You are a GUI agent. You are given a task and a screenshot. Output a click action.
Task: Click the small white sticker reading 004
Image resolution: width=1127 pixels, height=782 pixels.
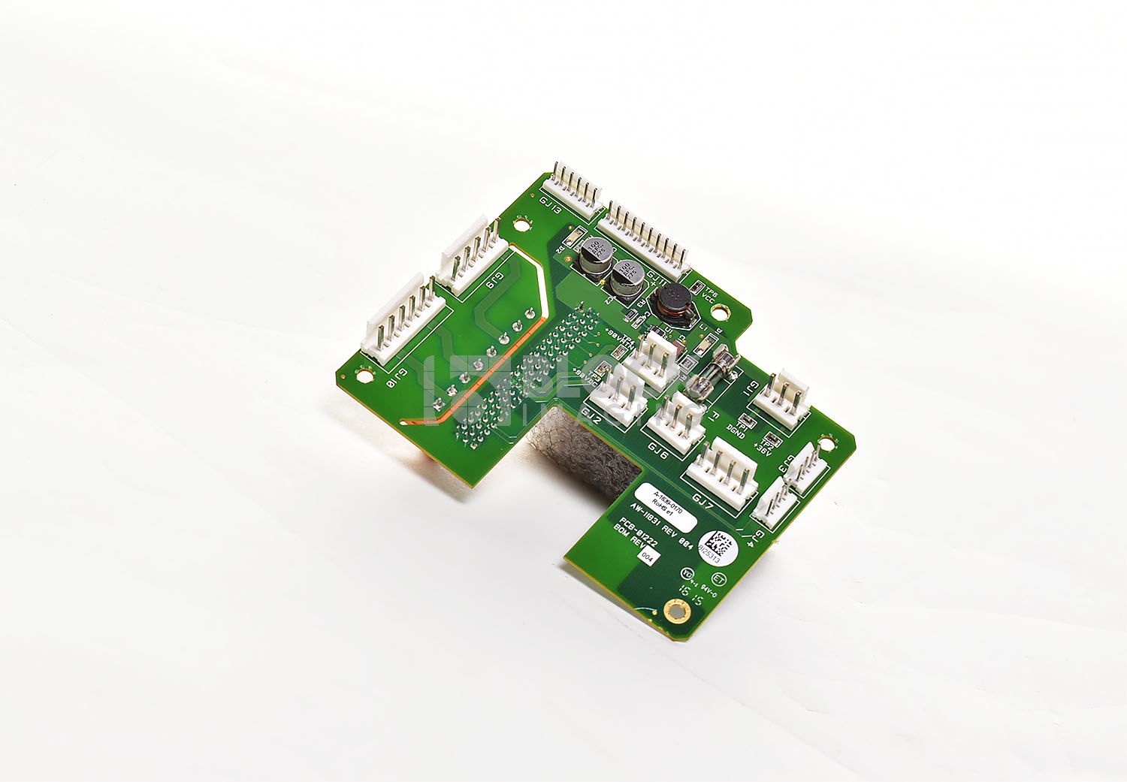[x=647, y=557]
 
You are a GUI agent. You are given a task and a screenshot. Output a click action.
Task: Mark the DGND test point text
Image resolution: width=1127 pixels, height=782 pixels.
[x=736, y=430]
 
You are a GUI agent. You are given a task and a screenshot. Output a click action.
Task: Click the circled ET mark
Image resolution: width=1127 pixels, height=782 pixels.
[x=718, y=580]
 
